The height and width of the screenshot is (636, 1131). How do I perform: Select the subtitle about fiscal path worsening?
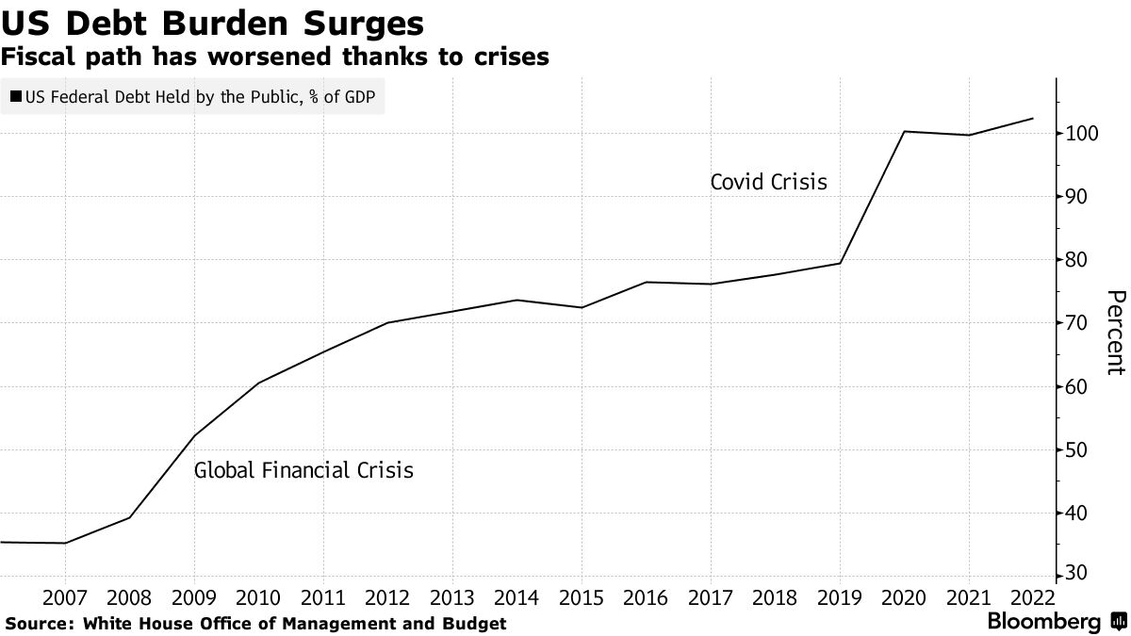pyautogui.click(x=275, y=57)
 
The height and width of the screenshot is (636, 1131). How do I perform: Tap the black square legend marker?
pyautogui.click(x=16, y=96)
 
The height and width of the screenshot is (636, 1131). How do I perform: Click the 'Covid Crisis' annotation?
pyautogui.click(x=768, y=182)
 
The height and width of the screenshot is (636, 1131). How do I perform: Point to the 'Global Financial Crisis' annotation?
pyautogui.click(x=303, y=469)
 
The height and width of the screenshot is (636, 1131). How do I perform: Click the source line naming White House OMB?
pyautogui.click(x=255, y=623)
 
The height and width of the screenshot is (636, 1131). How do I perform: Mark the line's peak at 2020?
pyautogui.click(x=904, y=131)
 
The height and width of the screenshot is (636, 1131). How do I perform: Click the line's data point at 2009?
pyautogui.click(x=194, y=435)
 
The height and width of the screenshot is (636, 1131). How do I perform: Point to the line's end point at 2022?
pyautogui.click(x=1033, y=119)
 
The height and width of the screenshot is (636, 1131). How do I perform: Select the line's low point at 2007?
pyautogui.click(x=65, y=543)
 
